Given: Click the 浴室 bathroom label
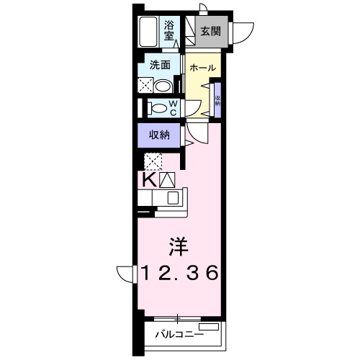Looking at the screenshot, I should pyautogui.click(x=169, y=29).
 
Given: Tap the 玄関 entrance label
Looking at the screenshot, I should pyautogui.click(x=210, y=31).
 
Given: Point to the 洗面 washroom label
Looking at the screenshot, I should pyautogui.click(x=159, y=64).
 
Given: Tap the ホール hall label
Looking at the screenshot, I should pyautogui.click(x=202, y=67).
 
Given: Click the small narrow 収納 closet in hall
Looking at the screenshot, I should pyautogui.click(x=217, y=98).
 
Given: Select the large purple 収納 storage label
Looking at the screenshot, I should pyautogui.click(x=159, y=135).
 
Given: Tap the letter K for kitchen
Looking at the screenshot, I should pyautogui.click(x=148, y=179).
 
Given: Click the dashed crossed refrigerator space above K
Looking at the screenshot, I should pyautogui.click(x=153, y=161).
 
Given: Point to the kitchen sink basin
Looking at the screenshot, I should pyautogui.click(x=173, y=198).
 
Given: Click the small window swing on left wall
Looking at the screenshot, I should pyautogui.click(x=126, y=275).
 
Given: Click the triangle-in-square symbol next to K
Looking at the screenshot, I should pyautogui.click(x=167, y=179).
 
